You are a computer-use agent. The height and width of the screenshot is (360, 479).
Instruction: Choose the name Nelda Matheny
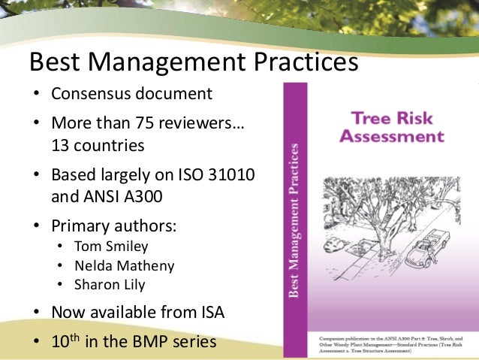[x=125, y=265]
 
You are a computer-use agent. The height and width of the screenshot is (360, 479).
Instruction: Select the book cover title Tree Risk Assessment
[x=391, y=127]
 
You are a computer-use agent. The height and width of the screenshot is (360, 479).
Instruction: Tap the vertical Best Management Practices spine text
[x=295, y=218]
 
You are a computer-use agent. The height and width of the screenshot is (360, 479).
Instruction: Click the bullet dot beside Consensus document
[x=35, y=96]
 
